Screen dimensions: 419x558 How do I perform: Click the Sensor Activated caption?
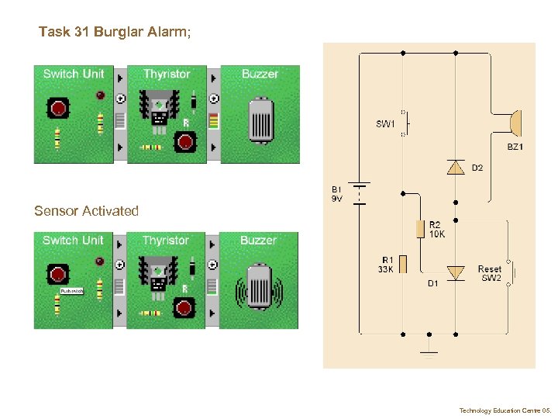pos(86,211)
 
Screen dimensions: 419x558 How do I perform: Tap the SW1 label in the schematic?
pos(386,123)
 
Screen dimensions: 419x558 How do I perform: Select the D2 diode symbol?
pos(456,167)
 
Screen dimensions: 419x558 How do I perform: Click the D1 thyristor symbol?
pos(456,272)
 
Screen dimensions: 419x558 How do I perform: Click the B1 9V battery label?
pos(337,194)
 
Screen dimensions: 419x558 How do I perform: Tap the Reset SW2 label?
pos(490,274)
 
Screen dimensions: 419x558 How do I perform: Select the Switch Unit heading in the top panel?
pos(73,74)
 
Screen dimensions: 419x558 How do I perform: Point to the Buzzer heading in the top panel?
pos(260,74)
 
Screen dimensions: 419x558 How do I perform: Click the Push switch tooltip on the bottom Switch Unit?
pos(71,291)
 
